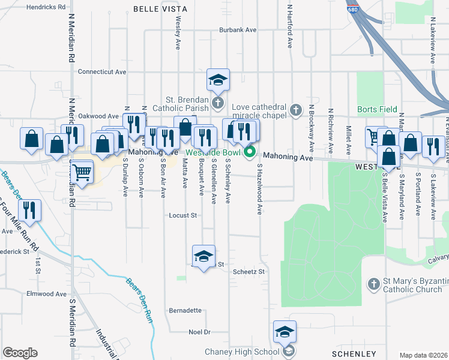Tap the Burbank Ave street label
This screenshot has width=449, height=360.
(x=238, y=29)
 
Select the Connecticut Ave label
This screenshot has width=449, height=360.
(x=101, y=71)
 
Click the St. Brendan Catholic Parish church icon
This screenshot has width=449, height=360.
(x=217, y=103)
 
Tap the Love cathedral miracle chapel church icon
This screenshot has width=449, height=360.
(x=295, y=110)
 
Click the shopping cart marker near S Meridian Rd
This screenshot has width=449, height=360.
(x=82, y=172)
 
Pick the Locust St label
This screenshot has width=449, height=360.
(x=183, y=215)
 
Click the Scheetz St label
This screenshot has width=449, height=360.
(x=249, y=272)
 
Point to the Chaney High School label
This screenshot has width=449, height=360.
(x=242, y=352)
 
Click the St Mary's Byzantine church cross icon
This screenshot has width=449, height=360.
(x=373, y=283)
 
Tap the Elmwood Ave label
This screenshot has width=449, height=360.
(x=46, y=294)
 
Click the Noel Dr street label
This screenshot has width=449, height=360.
(x=199, y=332)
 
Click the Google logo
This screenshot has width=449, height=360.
(x=20, y=353)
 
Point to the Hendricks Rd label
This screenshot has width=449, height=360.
(x=46, y=7)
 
